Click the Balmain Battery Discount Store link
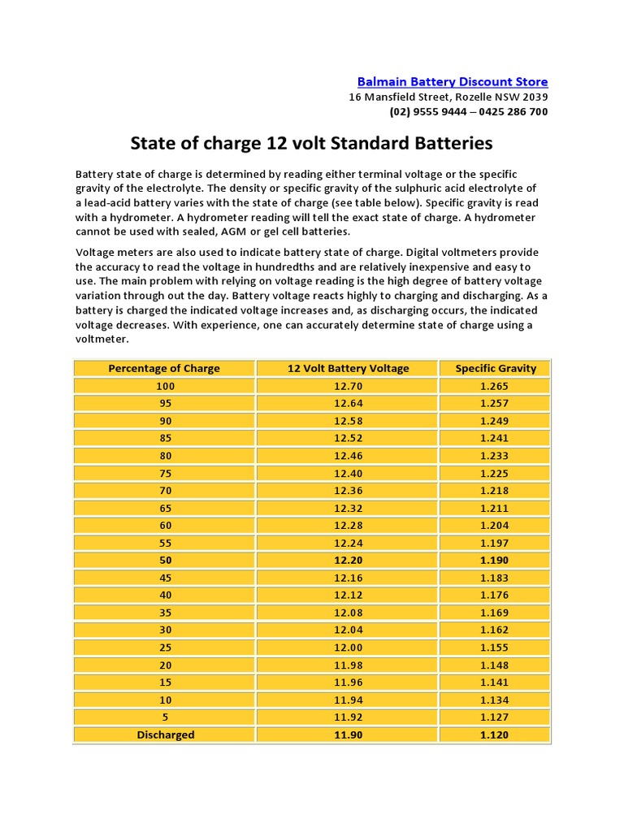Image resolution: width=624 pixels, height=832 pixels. point(453,82)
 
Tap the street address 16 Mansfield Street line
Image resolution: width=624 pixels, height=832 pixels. point(448,97)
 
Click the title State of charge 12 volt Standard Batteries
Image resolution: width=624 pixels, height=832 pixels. point(312,144)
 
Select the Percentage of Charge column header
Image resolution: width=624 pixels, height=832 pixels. point(164,368)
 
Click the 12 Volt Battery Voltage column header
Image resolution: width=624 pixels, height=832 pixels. point(348,368)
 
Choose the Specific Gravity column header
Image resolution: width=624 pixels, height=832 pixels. point(496,368)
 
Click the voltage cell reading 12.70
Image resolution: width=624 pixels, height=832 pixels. point(348,386)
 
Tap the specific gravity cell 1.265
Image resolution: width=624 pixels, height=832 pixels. point(495,386)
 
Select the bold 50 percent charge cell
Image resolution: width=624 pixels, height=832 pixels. point(165,561)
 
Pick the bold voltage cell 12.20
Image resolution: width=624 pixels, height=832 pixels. point(348,561)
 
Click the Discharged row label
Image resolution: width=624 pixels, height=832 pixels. point(165,734)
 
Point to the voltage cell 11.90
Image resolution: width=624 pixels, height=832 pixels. point(348,734)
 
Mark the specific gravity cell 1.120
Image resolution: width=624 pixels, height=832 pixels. point(495,734)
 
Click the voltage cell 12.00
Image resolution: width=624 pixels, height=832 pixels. point(348,648)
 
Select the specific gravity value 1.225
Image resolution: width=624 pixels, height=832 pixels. point(495,473)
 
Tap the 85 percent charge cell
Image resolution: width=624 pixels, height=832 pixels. point(165,438)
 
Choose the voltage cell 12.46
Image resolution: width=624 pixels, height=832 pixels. point(348,456)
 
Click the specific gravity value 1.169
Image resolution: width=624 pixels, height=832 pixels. point(495,613)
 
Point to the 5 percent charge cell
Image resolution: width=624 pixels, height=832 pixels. point(165,717)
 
